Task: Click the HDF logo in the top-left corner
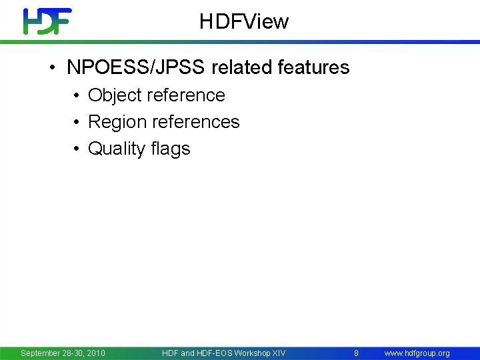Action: [x=47, y=21]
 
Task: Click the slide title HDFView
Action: [x=244, y=22]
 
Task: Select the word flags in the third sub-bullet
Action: [x=171, y=149]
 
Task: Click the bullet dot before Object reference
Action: [x=77, y=96]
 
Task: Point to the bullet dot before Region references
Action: [x=77, y=123]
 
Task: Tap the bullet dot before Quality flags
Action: [x=77, y=149]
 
